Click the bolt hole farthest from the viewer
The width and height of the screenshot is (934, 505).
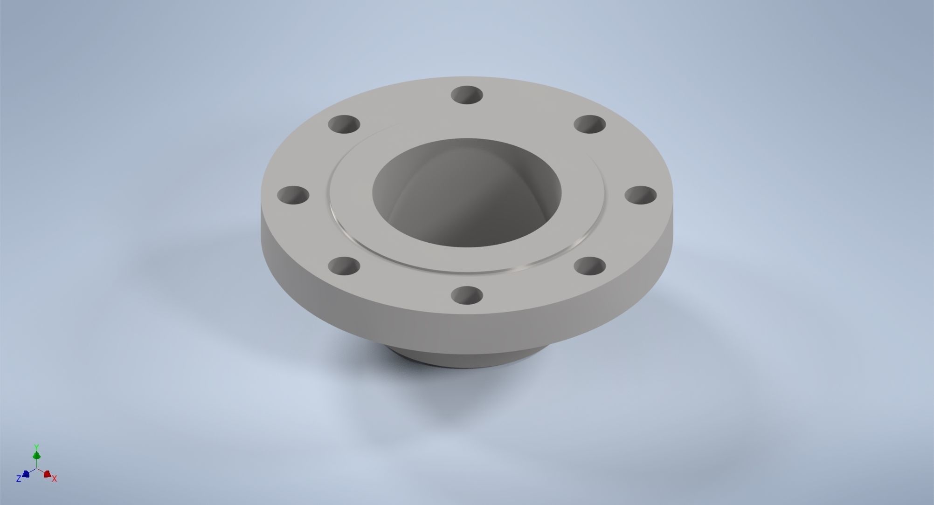pyautogui.click(x=468, y=95)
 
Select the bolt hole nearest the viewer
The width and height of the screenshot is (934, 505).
pyautogui.click(x=468, y=295)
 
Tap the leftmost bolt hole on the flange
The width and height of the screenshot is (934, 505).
pyautogui.click(x=293, y=195)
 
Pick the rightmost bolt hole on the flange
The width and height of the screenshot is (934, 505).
pyautogui.click(x=641, y=196)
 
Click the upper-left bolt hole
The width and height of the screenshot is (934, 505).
pyautogui.click(x=344, y=125)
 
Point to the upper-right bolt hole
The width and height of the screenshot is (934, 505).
pyautogui.click(x=589, y=125)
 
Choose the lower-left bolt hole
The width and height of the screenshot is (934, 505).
pyautogui.click(x=344, y=266)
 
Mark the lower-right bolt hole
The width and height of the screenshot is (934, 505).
pyautogui.click(x=589, y=266)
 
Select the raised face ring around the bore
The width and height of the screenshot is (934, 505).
pyautogui.click(x=354, y=219)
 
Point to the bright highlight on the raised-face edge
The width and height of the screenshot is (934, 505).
pyautogui.click(x=522, y=266)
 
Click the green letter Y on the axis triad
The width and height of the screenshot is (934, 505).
pyautogui.click(x=36, y=447)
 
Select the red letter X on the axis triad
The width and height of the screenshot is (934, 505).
pyautogui.click(x=55, y=478)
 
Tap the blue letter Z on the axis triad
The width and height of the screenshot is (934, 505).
pyautogui.click(x=19, y=478)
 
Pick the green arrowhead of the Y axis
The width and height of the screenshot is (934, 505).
pyautogui.click(x=36, y=455)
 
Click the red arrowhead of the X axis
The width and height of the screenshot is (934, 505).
pyautogui.click(x=47, y=474)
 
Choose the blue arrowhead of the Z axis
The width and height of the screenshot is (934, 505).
pyautogui.click(x=26, y=474)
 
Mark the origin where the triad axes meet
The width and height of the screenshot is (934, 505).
pyautogui.click(x=36, y=468)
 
